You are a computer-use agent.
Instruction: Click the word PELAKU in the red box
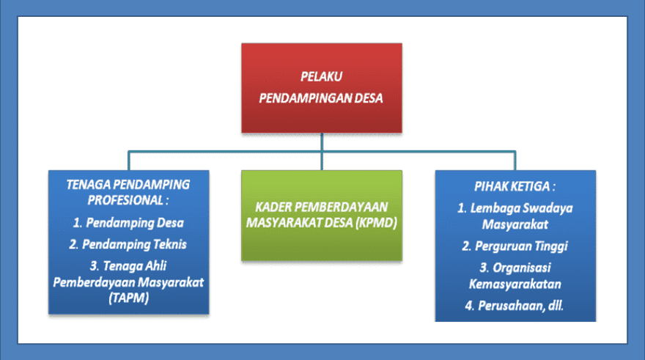coord(322,76)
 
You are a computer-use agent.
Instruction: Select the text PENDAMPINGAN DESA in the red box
coord(322,97)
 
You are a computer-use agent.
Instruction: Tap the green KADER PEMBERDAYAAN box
coord(322,215)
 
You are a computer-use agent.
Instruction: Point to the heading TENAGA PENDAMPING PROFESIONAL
coord(128,191)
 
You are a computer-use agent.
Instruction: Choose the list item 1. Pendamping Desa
coord(128,222)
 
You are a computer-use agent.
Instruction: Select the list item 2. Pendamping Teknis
coord(128,244)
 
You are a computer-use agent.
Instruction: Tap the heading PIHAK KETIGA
coord(515,188)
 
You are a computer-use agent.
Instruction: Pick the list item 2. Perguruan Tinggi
coord(515,246)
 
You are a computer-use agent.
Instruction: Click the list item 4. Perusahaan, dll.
coord(515,304)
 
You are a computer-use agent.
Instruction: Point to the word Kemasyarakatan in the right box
coord(515,284)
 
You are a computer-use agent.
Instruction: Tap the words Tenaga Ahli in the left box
coord(136,266)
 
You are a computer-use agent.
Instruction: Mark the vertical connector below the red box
coord(322,142)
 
